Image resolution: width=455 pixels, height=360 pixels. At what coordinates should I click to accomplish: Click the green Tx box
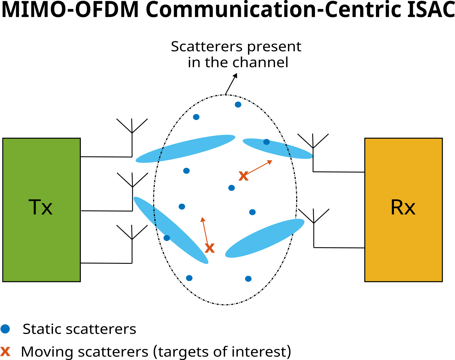point(41,210)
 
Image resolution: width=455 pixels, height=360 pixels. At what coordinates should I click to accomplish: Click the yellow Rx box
point(403,210)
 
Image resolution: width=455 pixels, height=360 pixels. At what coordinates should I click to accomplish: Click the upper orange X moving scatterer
point(243,176)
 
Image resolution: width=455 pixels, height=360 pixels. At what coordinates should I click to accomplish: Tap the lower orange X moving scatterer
point(210,248)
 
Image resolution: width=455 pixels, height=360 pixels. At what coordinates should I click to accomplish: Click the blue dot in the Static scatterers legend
point(5,329)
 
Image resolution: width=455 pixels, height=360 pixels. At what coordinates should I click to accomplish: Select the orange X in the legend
point(5,352)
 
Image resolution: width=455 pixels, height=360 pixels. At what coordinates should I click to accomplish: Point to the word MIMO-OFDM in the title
point(70,10)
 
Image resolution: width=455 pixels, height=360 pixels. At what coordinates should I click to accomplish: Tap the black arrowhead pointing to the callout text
point(235,75)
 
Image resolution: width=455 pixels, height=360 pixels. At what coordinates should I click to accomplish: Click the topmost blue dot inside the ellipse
point(238,104)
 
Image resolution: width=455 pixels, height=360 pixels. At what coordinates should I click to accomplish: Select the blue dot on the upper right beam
point(266,142)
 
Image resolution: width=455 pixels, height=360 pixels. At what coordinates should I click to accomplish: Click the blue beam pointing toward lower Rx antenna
point(265,238)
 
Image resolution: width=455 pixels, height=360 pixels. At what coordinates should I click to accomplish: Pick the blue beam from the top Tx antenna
point(186,149)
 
